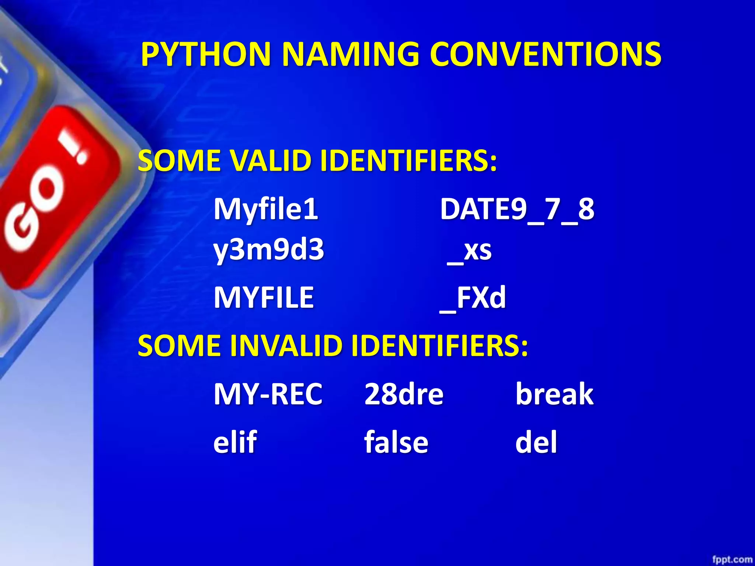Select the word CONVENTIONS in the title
pyautogui.click(x=546, y=54)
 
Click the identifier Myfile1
pyautogui.click(x=266, y=209)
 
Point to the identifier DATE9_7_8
pyautogui.click(x=517, y=209)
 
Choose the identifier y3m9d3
pyautogui.click(x=269, y=250)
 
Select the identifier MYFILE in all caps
pyautogui.click(x=264, y=297)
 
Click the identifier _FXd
pyautogui.click(x=473, y=298)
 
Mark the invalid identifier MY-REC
pyautogui.click(x=268, y=394)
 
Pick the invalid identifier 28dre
pyautogui.click(x=404, y=394)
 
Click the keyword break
pyautogui.click(x=554, y=394)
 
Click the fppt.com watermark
pyautogui.click(x=731, y=559)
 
